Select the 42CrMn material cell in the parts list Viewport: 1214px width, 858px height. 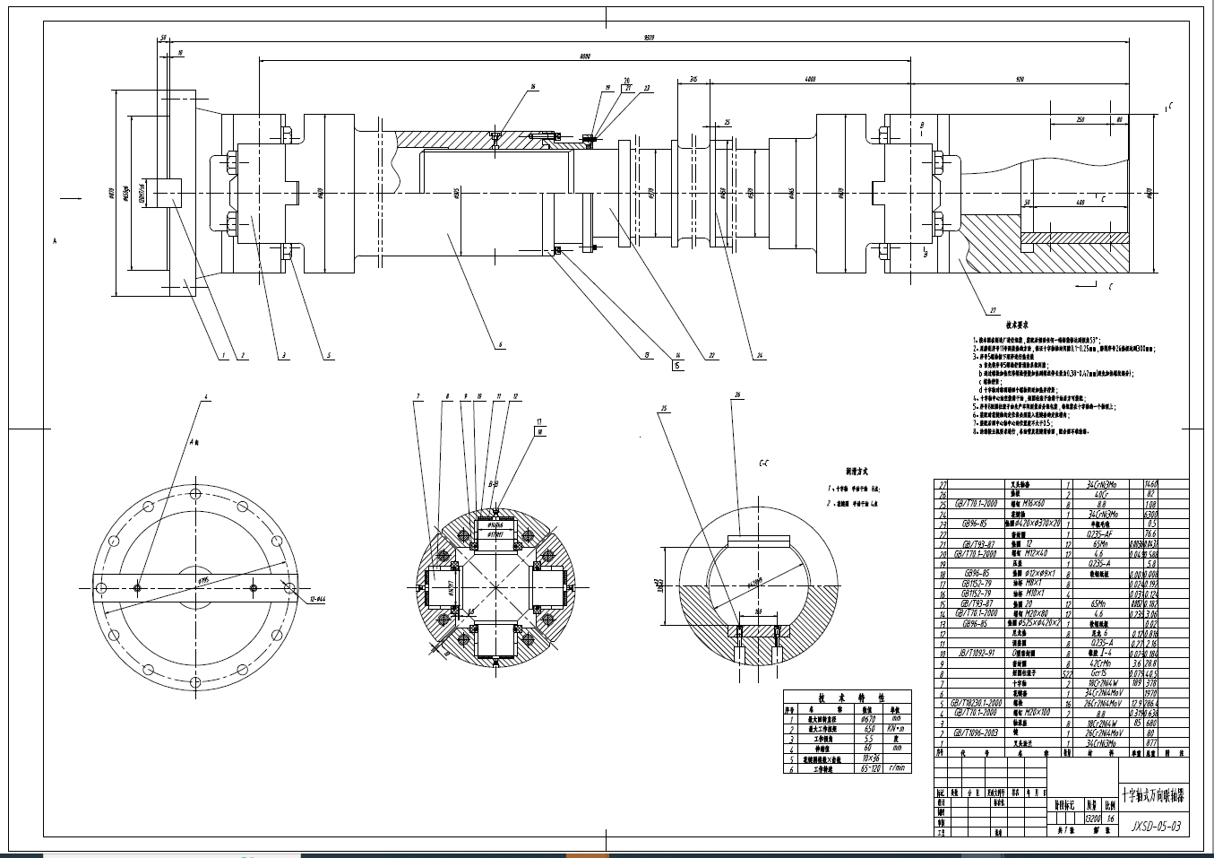coord(1100,663)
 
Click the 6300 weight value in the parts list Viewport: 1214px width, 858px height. coord(1151,515)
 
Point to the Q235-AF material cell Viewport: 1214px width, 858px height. coord(1100,533)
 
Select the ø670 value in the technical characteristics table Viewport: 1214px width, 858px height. coord(867,718)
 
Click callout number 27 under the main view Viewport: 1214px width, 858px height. coord(993,311)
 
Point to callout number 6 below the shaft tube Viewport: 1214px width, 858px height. coord(500,344)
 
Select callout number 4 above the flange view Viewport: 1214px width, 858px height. coord(205,396)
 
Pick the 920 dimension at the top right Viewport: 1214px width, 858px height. coord(1019,80)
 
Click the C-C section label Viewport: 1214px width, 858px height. coord(763,464)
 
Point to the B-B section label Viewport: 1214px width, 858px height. coord(493,483)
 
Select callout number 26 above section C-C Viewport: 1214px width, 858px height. coord(737,394)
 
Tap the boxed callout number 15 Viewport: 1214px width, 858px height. coord(676,365)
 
